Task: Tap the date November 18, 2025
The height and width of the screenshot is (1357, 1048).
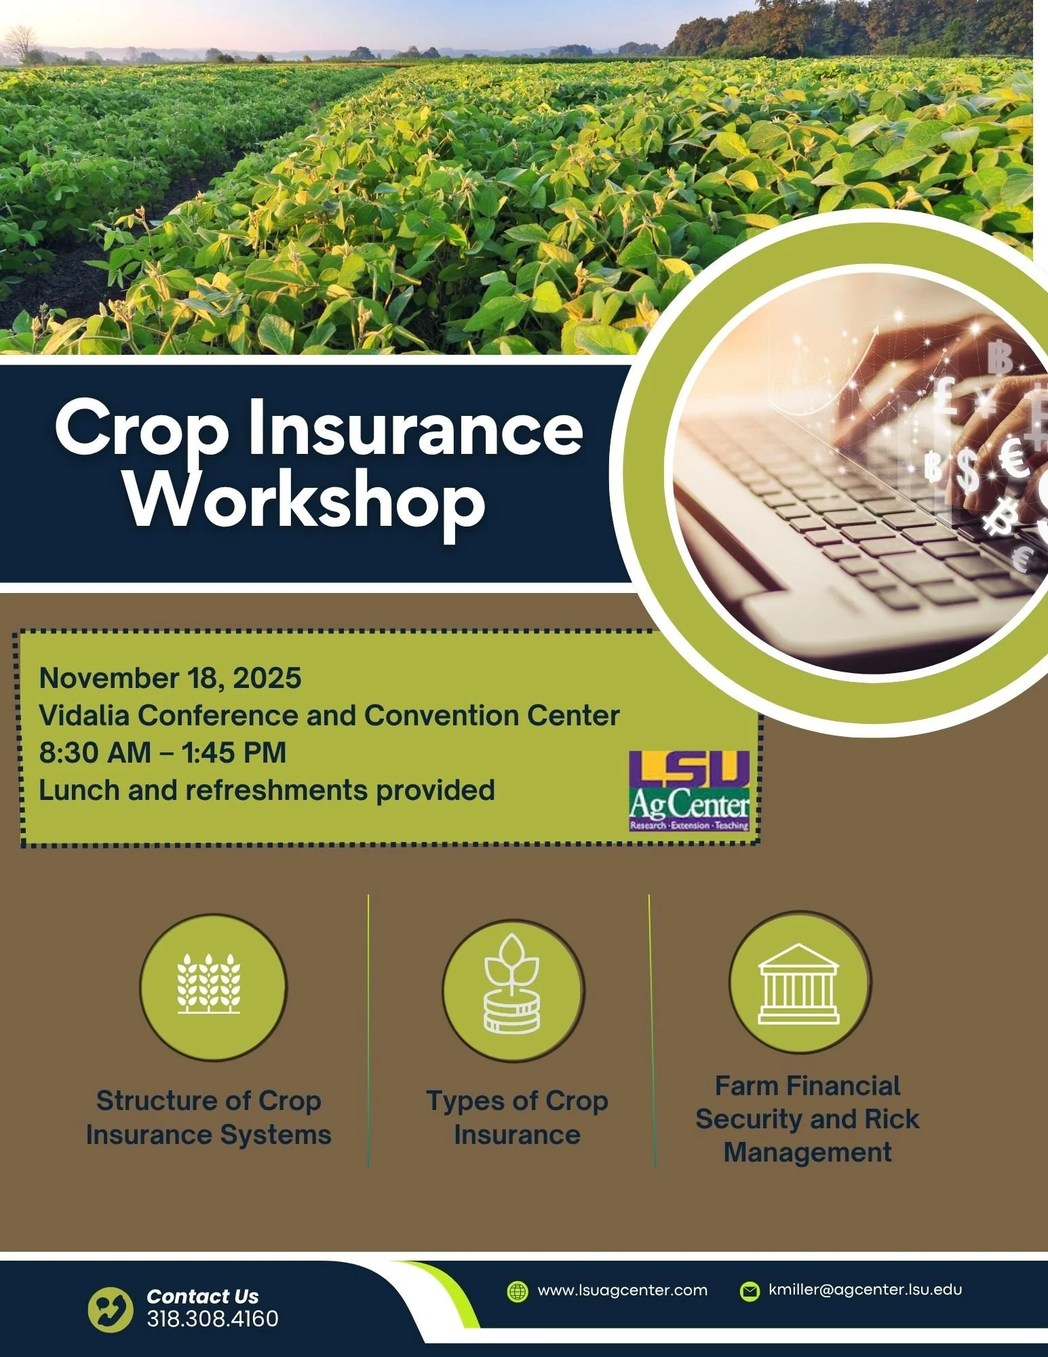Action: click(x=170, y=678)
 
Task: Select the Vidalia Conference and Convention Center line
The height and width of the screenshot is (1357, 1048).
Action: click(x=329, y=715)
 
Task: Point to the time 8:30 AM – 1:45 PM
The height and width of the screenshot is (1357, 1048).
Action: click(x=163, y=752)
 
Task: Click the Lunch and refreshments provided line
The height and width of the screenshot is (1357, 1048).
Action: click(x=267, y=790)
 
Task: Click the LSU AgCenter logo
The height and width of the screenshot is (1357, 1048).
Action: click(x=689, y=790)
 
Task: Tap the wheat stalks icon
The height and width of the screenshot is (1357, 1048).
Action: click(x=209, y=984)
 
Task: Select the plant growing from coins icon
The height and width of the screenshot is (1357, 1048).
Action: click(x=512, y=985)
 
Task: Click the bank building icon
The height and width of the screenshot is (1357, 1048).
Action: click(x=798, y=982)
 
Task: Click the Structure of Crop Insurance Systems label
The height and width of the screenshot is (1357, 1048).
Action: click(x=209, y=1117)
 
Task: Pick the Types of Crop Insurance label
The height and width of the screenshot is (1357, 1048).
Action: click(x=517, y=1117)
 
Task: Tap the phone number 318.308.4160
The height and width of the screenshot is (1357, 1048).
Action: click(x=212, y=1318)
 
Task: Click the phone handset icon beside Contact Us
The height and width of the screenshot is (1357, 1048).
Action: click(x=111, y=1309)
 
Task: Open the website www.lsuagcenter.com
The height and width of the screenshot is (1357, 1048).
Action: click(x=622, y=1290)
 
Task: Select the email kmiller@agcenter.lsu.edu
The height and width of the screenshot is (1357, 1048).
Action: click(x=865, y=1289)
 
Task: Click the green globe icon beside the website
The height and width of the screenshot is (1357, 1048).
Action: click(x=518, y=1291)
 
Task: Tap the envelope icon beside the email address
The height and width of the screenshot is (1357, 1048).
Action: click(x=750, y=1291)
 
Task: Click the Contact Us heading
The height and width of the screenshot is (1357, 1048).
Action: click(x=202, y=1296)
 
